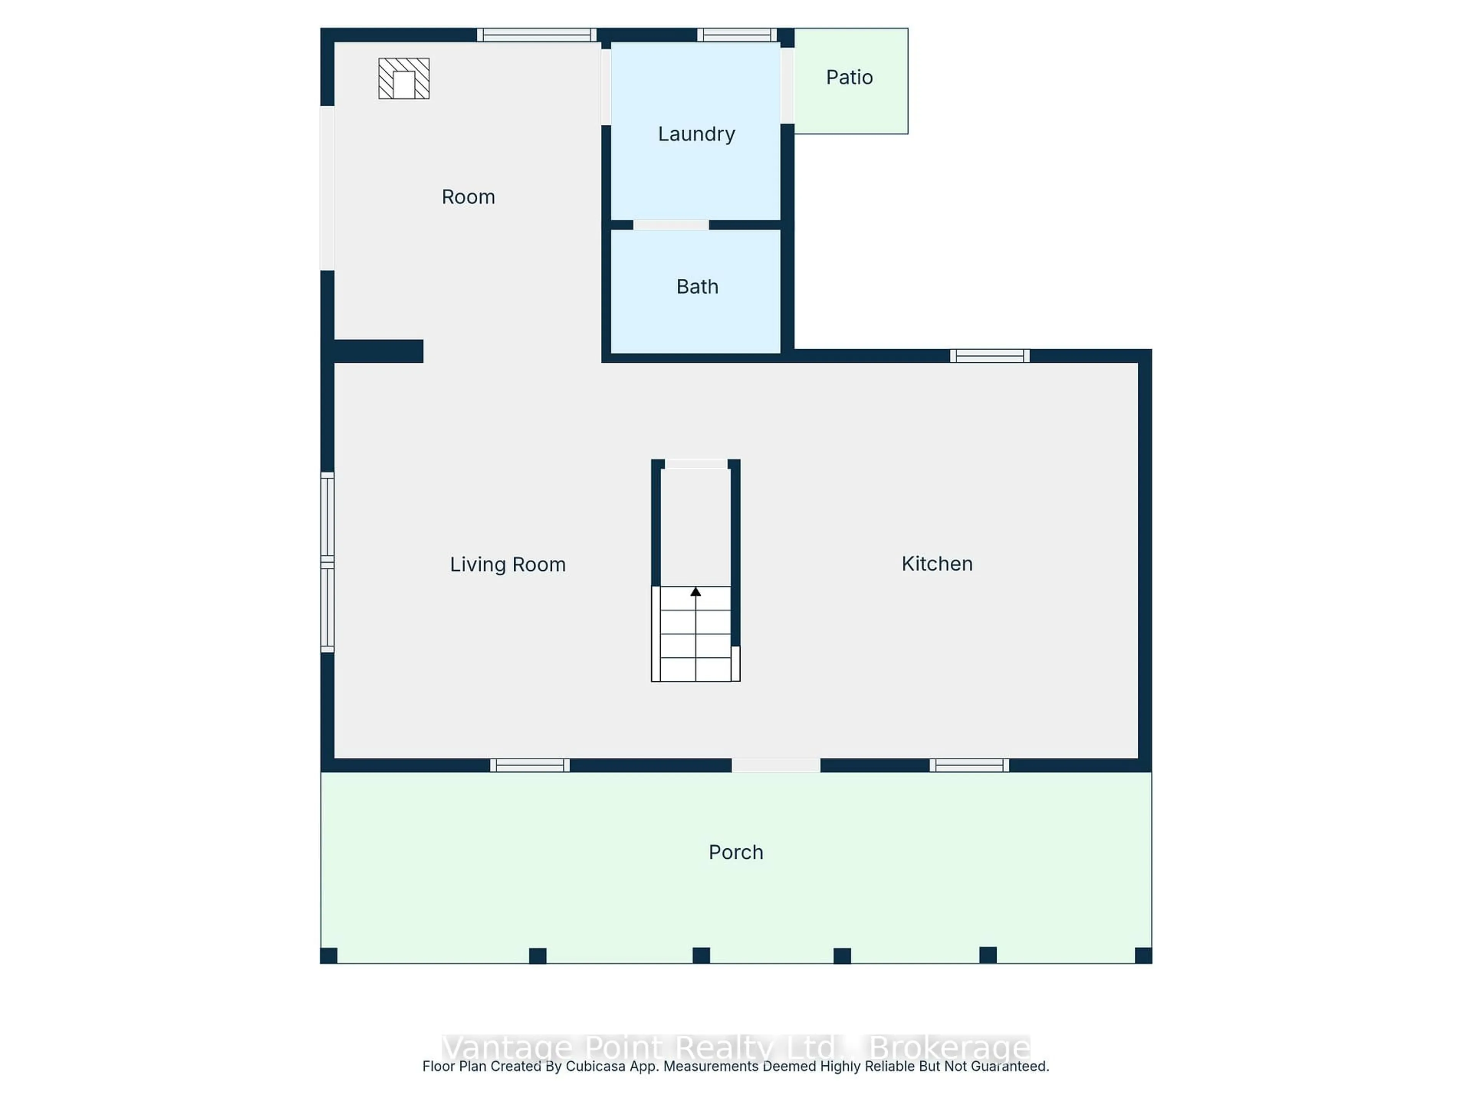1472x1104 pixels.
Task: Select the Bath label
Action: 697,287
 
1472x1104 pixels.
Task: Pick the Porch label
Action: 735,853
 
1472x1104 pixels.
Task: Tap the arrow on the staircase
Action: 695,591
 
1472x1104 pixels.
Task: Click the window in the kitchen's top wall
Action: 989,356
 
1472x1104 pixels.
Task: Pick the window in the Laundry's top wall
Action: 737,34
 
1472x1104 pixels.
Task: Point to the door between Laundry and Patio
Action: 787,85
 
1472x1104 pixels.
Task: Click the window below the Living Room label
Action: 530,765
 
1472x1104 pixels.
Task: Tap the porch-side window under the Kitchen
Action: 969,765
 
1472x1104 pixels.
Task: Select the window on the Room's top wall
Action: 536,34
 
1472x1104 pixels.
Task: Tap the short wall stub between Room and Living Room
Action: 378,351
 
